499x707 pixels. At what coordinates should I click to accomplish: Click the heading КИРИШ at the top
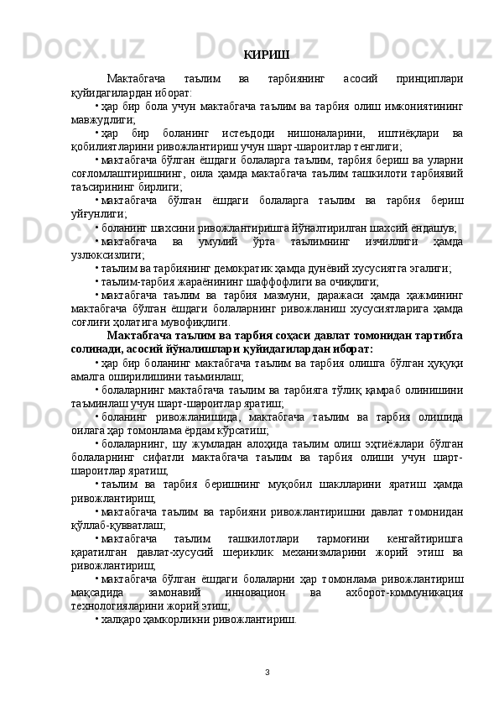(267, 55)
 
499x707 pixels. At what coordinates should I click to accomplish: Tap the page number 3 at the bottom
(266, 673)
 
